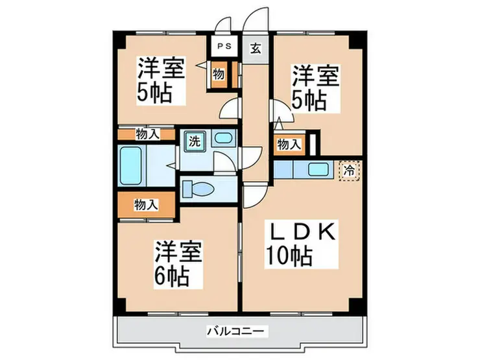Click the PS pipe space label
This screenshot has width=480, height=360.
pyautogui.click(x=224, y=47)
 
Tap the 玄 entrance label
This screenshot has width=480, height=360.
pyautogui.click(x=256, y=47)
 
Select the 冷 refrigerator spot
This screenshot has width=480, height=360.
pyautogui.click(x=349, y=171)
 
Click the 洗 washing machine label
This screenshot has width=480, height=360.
pyautogui.click(x=194, y=139)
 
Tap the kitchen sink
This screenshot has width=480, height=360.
pyautogui.click(x=318, y=170)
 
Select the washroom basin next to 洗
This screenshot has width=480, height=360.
pyautogui.click(x=222, y=138)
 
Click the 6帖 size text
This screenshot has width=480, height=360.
pyautogui.click(x=172, y=276)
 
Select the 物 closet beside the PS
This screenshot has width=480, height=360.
pyautogui.click(x=219, y=74)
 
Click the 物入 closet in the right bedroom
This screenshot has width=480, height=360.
pyautogui.click(x=289, y=145)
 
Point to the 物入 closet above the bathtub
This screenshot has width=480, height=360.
pyautogui.click(x=147, y=134)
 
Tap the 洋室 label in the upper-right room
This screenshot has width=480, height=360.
pyautogui.click(x=315, y=76)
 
